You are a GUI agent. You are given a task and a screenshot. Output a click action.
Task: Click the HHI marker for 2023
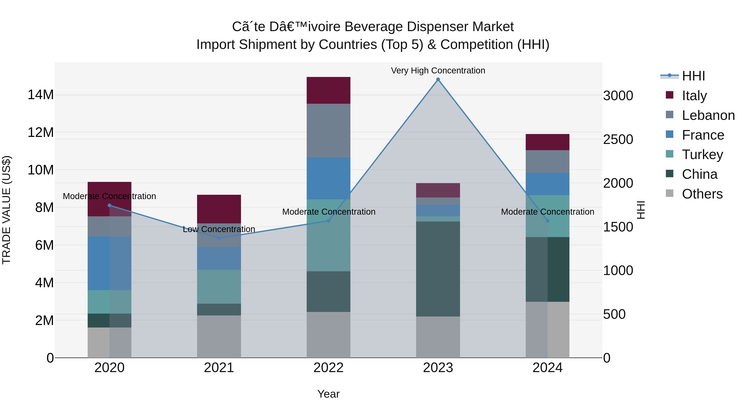[438, 79]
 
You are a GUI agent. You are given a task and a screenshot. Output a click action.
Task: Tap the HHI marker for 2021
[219, 238]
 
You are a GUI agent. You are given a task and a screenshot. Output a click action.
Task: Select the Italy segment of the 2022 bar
[328, 90]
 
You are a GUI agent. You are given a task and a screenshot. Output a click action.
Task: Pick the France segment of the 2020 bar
[109, 263]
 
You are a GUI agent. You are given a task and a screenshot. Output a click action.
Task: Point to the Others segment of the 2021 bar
[219, 336]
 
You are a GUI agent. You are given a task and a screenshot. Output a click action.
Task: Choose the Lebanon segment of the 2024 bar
[547, 161]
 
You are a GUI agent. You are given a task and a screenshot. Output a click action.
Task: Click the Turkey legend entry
[702, 155]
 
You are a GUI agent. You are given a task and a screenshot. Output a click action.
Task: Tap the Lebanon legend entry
[708, 115]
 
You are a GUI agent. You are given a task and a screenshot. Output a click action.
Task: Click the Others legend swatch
[670, 193]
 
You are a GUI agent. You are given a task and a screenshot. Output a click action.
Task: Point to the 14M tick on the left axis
[41, 95]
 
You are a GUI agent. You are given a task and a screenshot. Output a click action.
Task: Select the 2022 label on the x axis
[328, 368]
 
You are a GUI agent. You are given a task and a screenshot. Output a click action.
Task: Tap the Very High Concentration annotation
[438, 71]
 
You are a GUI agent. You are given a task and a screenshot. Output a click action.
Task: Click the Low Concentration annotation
[219, 229]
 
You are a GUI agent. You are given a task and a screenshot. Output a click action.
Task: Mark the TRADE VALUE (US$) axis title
[6, 210]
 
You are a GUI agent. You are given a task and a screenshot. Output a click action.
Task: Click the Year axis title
[328, 394]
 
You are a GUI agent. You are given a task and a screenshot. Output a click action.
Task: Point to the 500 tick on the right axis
[614, 314]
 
